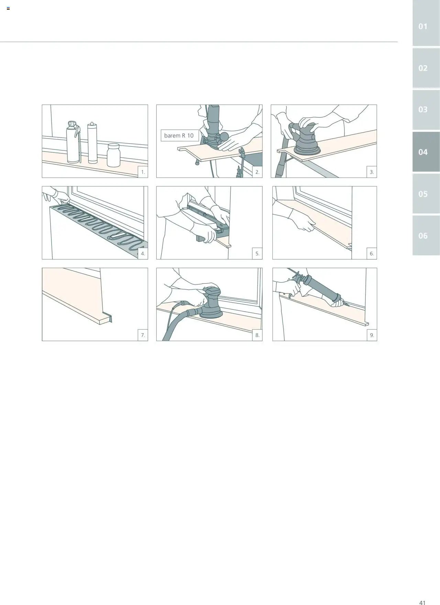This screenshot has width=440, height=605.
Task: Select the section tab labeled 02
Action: point(426,68)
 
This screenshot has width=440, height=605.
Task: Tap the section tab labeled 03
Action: point(426,110)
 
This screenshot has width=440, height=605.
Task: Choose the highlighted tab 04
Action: point(426,152)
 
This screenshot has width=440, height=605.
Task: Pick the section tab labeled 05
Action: point(426,194)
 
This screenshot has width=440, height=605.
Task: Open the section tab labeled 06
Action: point(426,235)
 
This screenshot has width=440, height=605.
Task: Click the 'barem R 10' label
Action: point(179,135)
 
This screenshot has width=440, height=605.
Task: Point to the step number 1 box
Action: point(143,172)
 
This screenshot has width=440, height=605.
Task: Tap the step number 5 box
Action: point(257,254)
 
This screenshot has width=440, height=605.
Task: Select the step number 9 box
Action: point(372,335)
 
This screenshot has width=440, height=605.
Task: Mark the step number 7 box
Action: point(143,335)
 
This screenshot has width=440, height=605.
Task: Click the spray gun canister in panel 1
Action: point(73,142)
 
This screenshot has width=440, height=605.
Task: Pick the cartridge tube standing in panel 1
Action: point(92,143)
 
